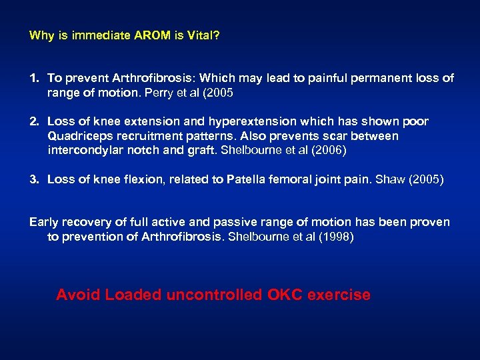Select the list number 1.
[x=33, y=78]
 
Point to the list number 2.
[x=33, y=121]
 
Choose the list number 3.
[x=33, y=179]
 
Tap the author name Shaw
[x=389, y=179]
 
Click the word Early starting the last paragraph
[x=43, y=222]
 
